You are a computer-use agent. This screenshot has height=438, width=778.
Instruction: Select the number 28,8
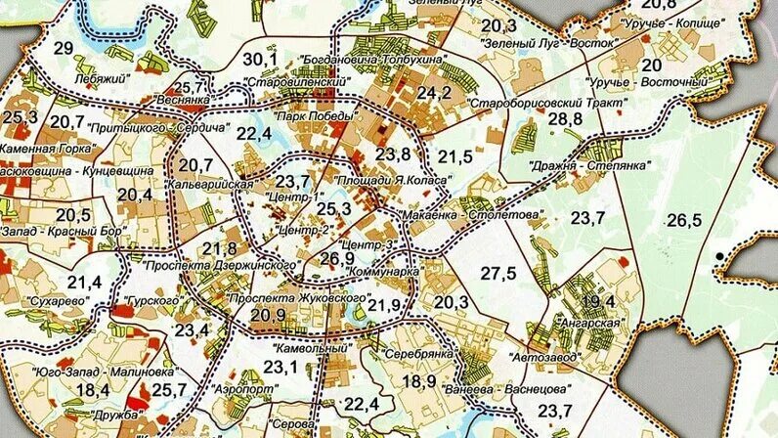tap(564, 118)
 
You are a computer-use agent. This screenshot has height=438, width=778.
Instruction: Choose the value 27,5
tap(497, 273)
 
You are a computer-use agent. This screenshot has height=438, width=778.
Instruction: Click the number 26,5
tap(684, 219)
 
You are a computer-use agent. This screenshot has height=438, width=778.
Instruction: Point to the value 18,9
tap(418, 380)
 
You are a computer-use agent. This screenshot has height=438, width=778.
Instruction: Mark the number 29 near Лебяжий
tap(65, 49)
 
